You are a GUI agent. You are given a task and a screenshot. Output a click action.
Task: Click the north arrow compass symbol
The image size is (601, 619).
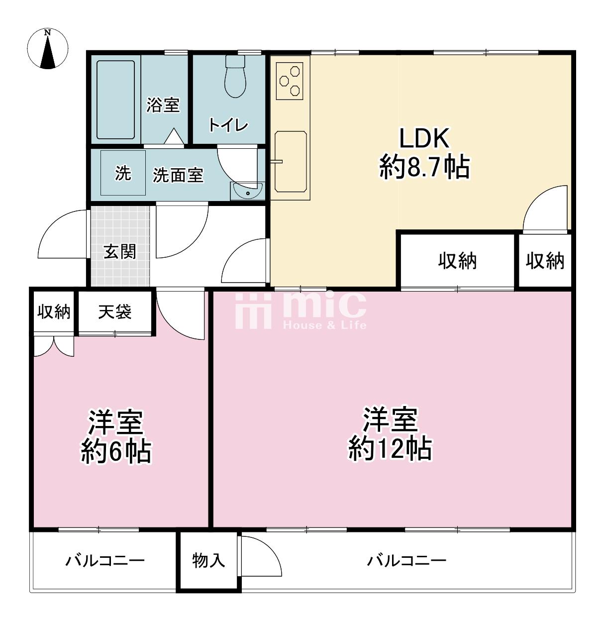coord(48,48)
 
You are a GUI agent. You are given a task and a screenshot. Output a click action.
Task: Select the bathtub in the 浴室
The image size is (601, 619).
coord(115,100)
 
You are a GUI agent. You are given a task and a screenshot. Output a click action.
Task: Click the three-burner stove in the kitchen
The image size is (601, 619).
coord(290,81)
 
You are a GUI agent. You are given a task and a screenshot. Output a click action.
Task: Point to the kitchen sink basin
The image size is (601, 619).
coord(291,162)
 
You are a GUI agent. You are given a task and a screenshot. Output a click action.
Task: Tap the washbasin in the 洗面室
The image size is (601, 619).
coord(248,191)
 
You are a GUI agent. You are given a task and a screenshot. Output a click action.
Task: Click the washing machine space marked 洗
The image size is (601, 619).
coord(123,173)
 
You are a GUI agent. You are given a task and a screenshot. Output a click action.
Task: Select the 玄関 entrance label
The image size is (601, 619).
coord(120,251)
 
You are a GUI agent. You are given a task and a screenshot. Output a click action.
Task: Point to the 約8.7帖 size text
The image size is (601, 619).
coord(424,167)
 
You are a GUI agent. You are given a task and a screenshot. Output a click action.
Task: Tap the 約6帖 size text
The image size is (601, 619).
coord(116,451)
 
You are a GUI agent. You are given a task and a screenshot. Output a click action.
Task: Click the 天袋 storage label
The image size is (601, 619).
coord(115,311)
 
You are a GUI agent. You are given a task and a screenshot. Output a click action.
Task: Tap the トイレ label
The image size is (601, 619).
coord(228,125)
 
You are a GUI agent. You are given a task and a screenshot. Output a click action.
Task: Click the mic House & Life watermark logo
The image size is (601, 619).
coord(301,310)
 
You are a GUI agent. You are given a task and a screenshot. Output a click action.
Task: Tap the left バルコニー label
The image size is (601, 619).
coord(105,561)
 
